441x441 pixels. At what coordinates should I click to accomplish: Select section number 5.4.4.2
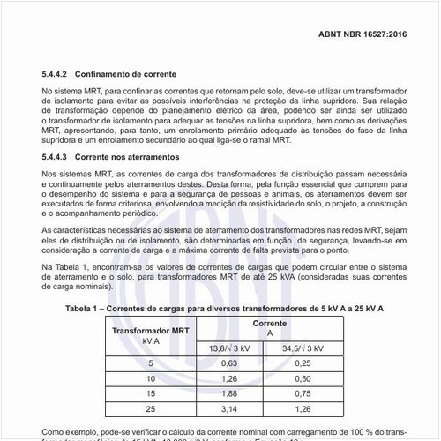coord(60,76)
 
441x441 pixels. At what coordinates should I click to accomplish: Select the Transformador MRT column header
coord(149,334)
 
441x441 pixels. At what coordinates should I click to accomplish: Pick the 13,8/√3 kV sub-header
coord(229,348)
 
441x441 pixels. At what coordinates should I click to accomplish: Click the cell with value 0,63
coord(229,363)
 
